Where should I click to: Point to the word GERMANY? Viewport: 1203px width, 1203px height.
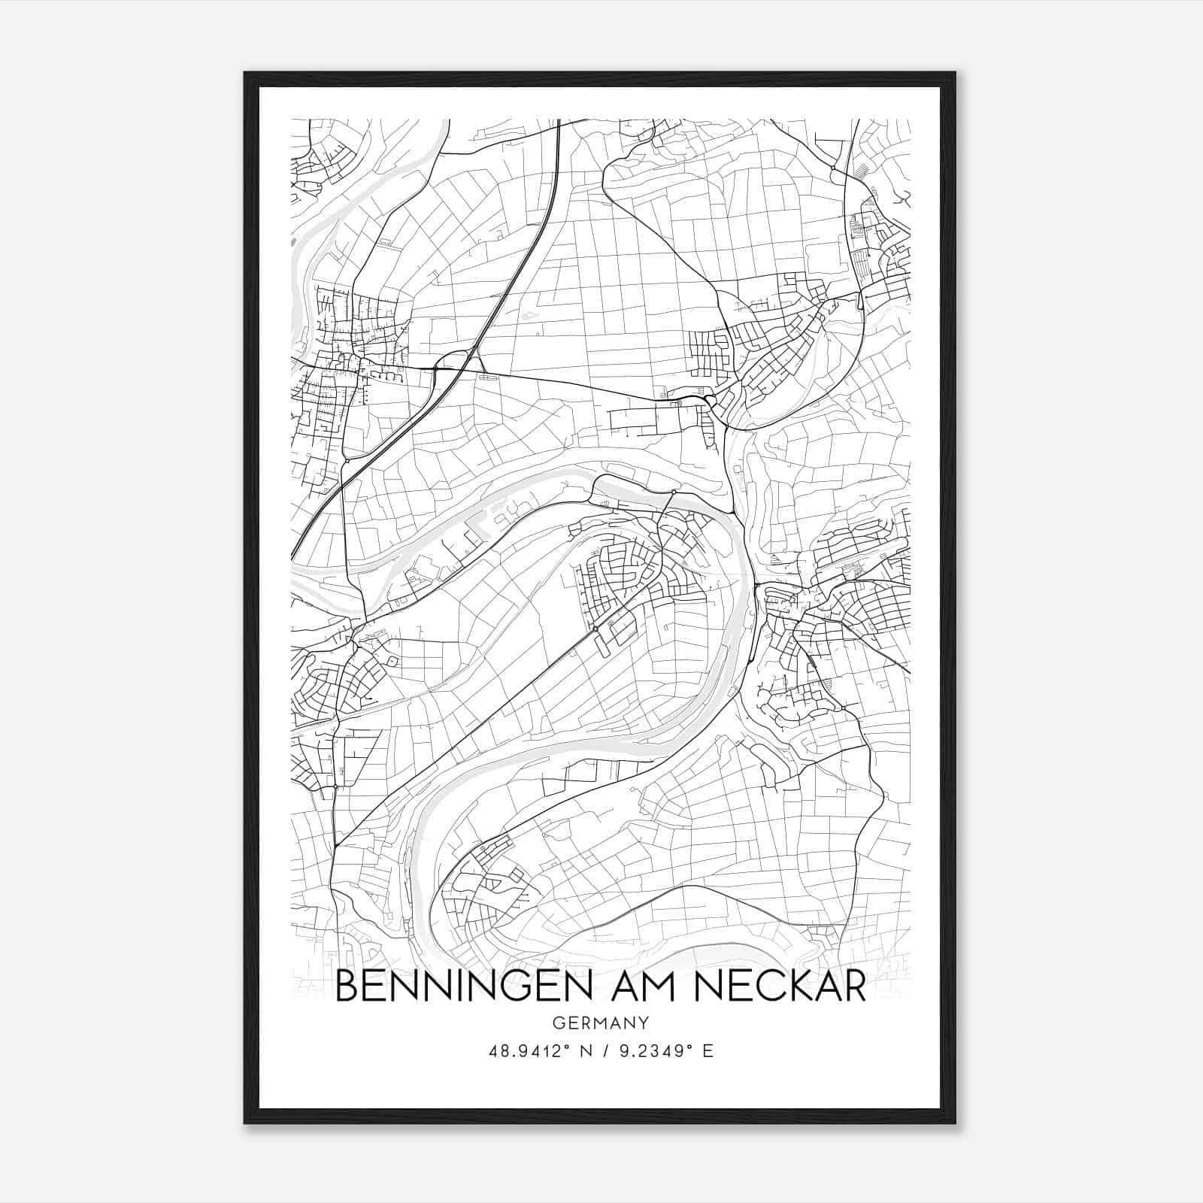(601, 1023)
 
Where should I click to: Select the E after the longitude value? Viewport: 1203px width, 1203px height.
(708, 1051)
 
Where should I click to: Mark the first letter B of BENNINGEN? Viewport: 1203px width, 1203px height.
(346, 986)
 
